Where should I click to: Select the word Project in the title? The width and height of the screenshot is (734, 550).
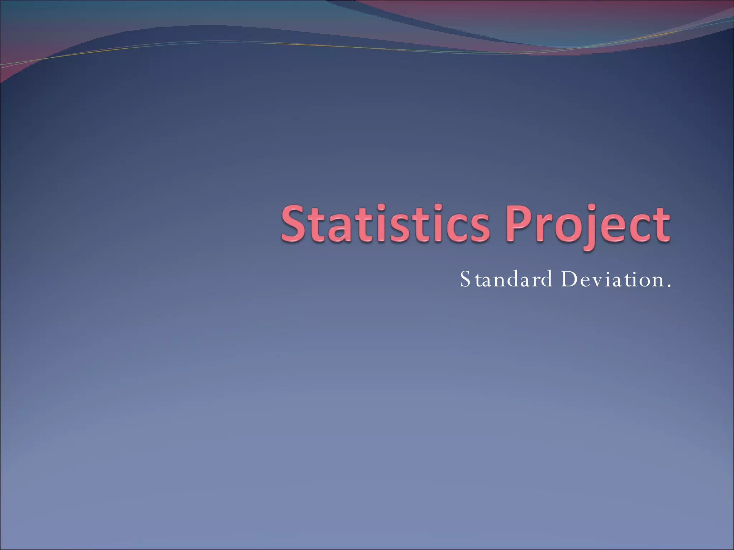coord(587,224)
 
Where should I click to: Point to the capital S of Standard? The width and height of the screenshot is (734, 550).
coord(465,280)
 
